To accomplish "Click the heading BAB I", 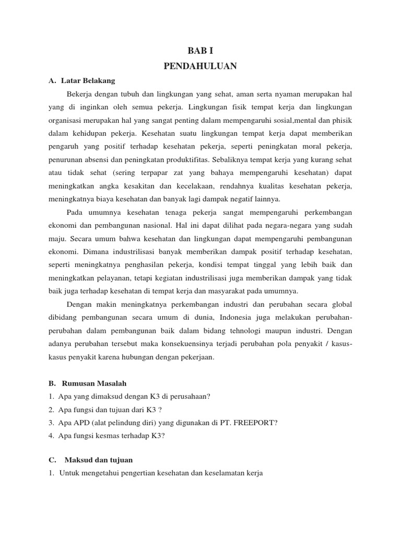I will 200,51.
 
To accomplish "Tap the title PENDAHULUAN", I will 200,66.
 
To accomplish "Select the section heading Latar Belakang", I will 88,80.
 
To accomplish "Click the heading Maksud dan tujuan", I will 99,460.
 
